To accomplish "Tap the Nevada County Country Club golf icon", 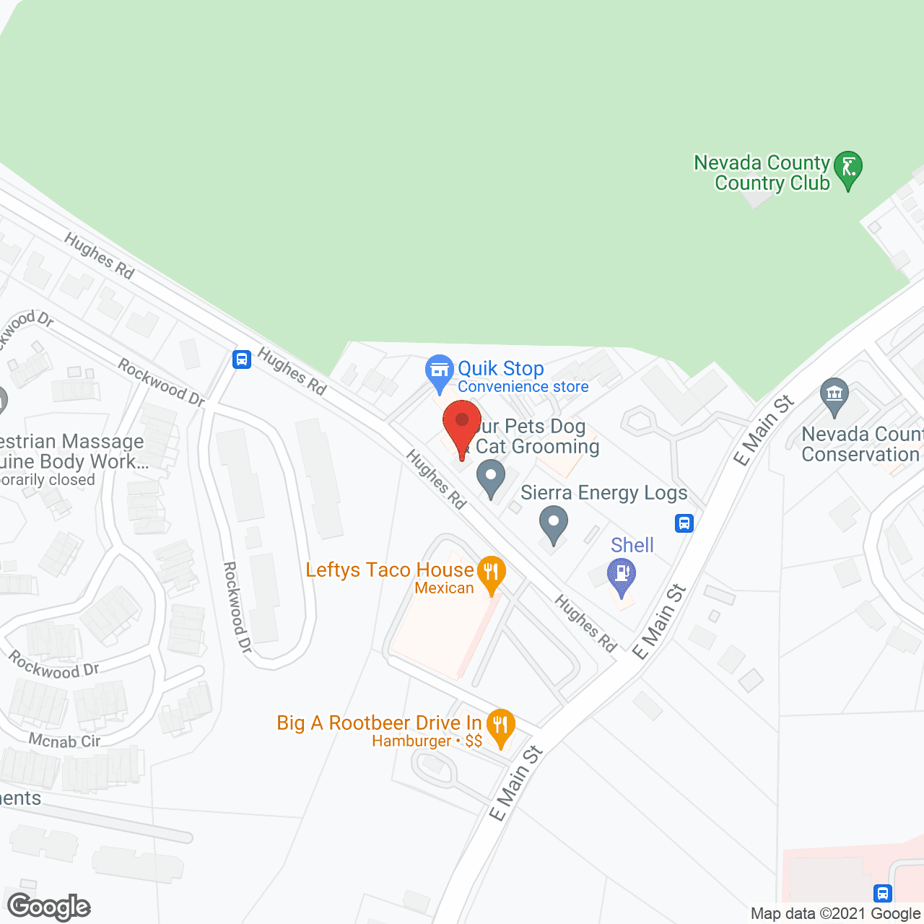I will [x=848, y=168].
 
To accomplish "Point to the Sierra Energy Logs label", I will [x=603, y=493].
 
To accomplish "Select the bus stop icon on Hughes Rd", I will [x=242, y=359].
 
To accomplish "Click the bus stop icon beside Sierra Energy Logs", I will [x=684, y=523].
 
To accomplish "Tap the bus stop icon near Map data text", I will [x=882, y=893].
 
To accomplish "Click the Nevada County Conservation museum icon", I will [x=834, y=395].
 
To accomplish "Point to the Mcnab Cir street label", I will [x=65, y=741].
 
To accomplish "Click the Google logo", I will [x=49, y=907].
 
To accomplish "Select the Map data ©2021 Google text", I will [x=835, y=914].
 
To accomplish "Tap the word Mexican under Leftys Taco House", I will [x=444, y=588].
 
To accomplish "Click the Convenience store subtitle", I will [x=523, y=387].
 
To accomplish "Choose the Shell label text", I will [x=632, y=545].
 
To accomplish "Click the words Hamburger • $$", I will [x=427, y=741].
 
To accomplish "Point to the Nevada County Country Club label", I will [x=762, y=173].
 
